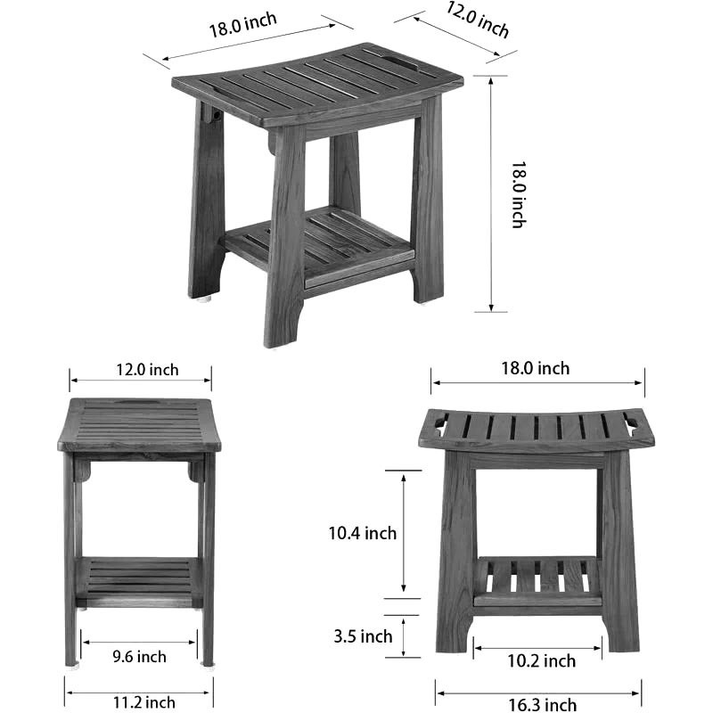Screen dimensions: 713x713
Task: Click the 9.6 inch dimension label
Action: [139, 657]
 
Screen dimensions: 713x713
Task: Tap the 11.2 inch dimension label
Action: [144, 702]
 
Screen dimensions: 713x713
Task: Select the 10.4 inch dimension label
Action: [363, 533]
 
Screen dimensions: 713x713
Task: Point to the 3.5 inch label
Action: [363, 636]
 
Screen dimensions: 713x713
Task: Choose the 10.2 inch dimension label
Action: [542, 660]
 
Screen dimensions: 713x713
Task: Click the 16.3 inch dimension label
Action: [543, 705]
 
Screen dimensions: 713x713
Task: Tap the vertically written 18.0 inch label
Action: [519, 194]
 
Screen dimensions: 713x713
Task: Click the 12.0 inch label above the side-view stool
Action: [147, 370]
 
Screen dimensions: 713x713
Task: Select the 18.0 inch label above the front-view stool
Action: [536, 368]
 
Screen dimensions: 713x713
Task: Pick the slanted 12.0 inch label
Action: [477, 20]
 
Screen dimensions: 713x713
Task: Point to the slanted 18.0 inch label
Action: [242, 25]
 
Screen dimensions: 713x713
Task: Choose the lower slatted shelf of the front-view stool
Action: [537, 581]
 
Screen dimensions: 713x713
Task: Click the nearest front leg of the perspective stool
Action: [284, 236]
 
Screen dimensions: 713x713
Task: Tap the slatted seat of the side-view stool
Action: [139, 425]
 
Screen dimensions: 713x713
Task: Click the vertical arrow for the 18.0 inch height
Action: [491, 194]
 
